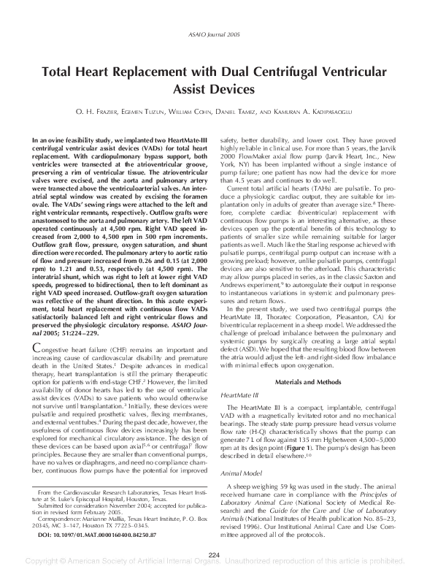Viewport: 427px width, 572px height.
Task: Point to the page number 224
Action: (213, 555)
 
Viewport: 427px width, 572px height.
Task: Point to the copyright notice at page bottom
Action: (213, 565)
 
